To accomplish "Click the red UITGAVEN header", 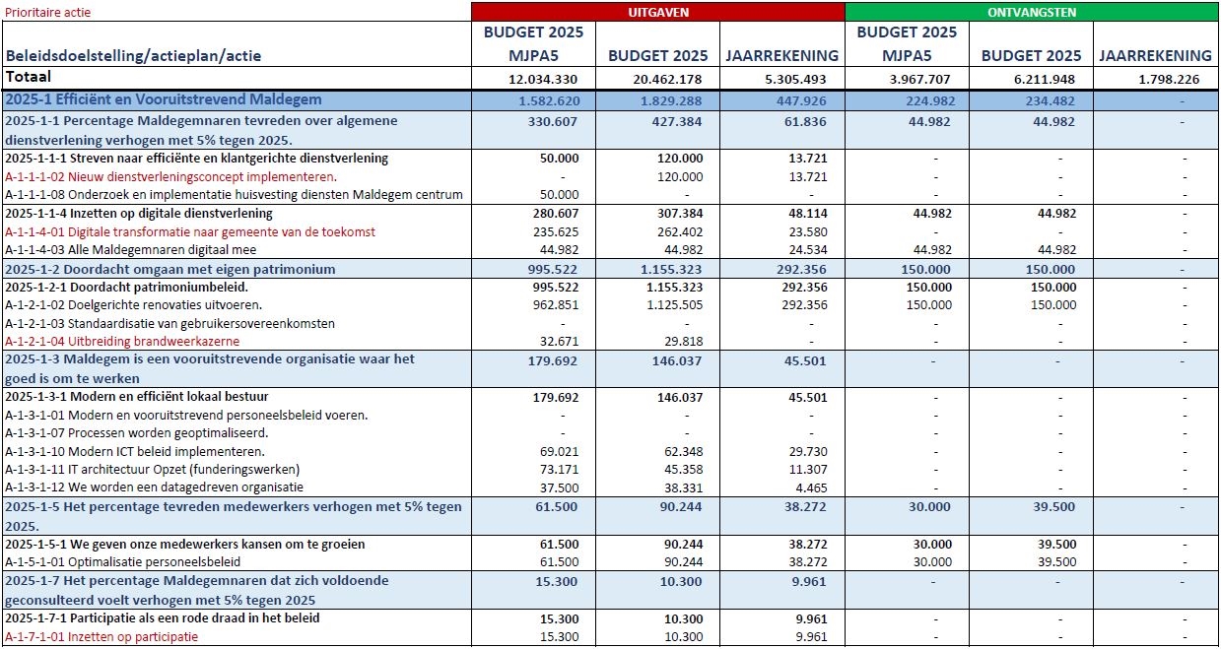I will pyautogui.click(x=657, y=12).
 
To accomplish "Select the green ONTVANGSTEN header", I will pyautogui.click(x=1032, y=12).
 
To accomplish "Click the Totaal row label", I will pyautogui.click(x=29, y=77).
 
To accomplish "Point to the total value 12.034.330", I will pyautogui.click(x=537, y=79).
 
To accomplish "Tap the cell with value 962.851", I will pyautogui.click(x=552, y=305).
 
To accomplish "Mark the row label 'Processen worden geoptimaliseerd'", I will pyautogui.click(x=137, y=432).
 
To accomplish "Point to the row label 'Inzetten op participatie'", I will pyautogui.click(x=102, y=636).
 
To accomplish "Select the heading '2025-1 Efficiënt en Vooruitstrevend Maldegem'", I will pyautogui.click(x=164, y=99).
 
